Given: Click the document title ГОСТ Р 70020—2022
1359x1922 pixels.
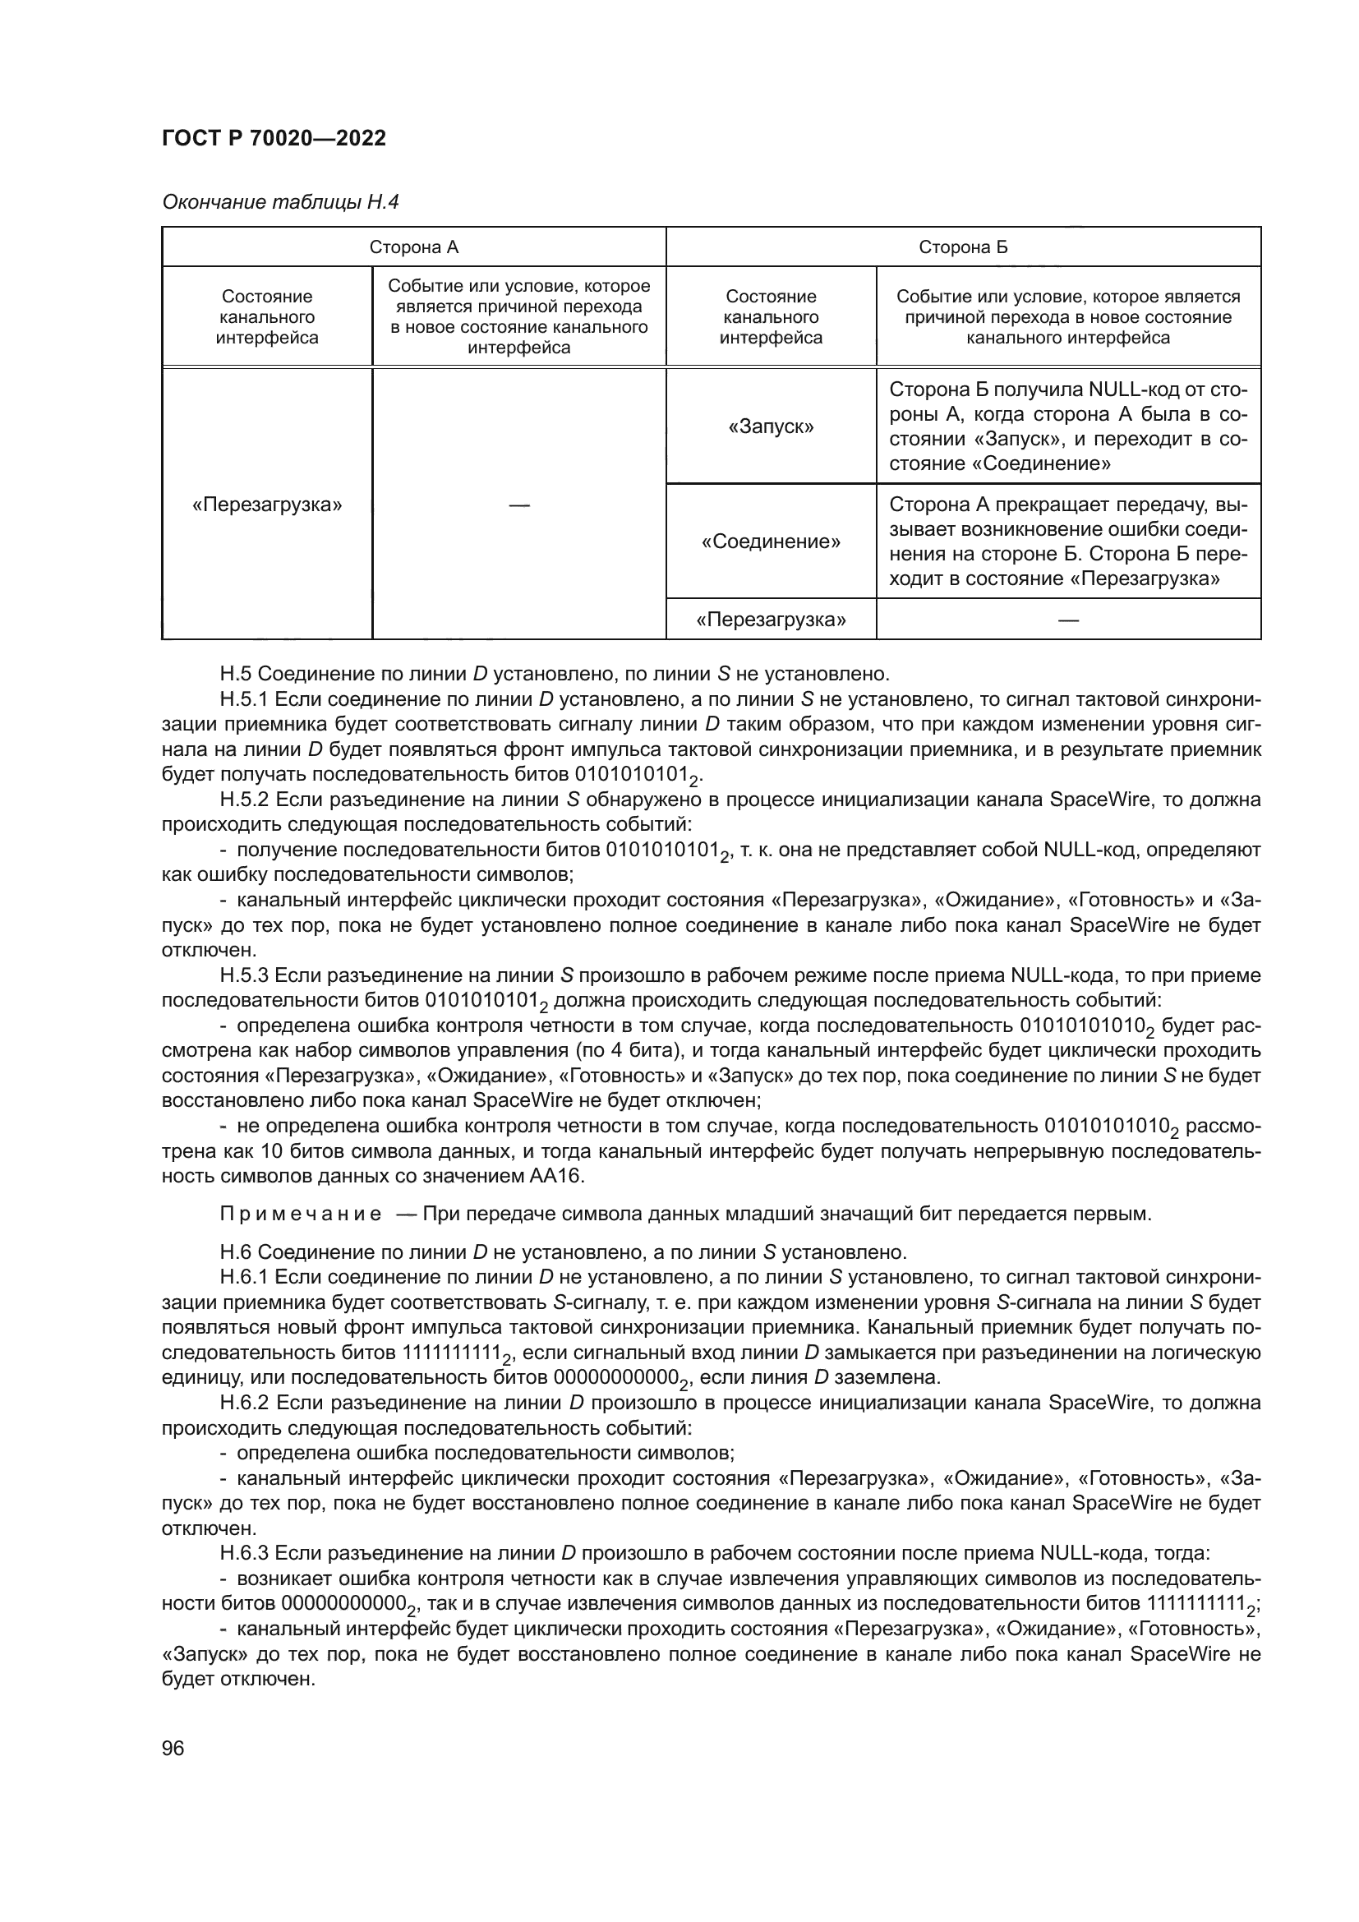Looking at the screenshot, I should (274, 139).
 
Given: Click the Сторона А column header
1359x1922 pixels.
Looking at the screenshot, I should (413, 247).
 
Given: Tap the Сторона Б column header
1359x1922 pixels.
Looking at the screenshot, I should (962, 247).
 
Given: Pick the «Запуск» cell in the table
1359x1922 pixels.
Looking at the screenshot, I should (771, 427).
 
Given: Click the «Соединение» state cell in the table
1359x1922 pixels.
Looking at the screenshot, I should (771, 542).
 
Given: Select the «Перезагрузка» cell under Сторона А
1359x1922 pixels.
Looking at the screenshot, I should (267, 505).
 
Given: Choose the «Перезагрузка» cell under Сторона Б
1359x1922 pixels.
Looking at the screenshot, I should (771, 620).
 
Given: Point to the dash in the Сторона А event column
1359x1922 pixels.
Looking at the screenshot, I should (518, 505).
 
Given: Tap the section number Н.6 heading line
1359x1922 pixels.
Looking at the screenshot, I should (236, 1252).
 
